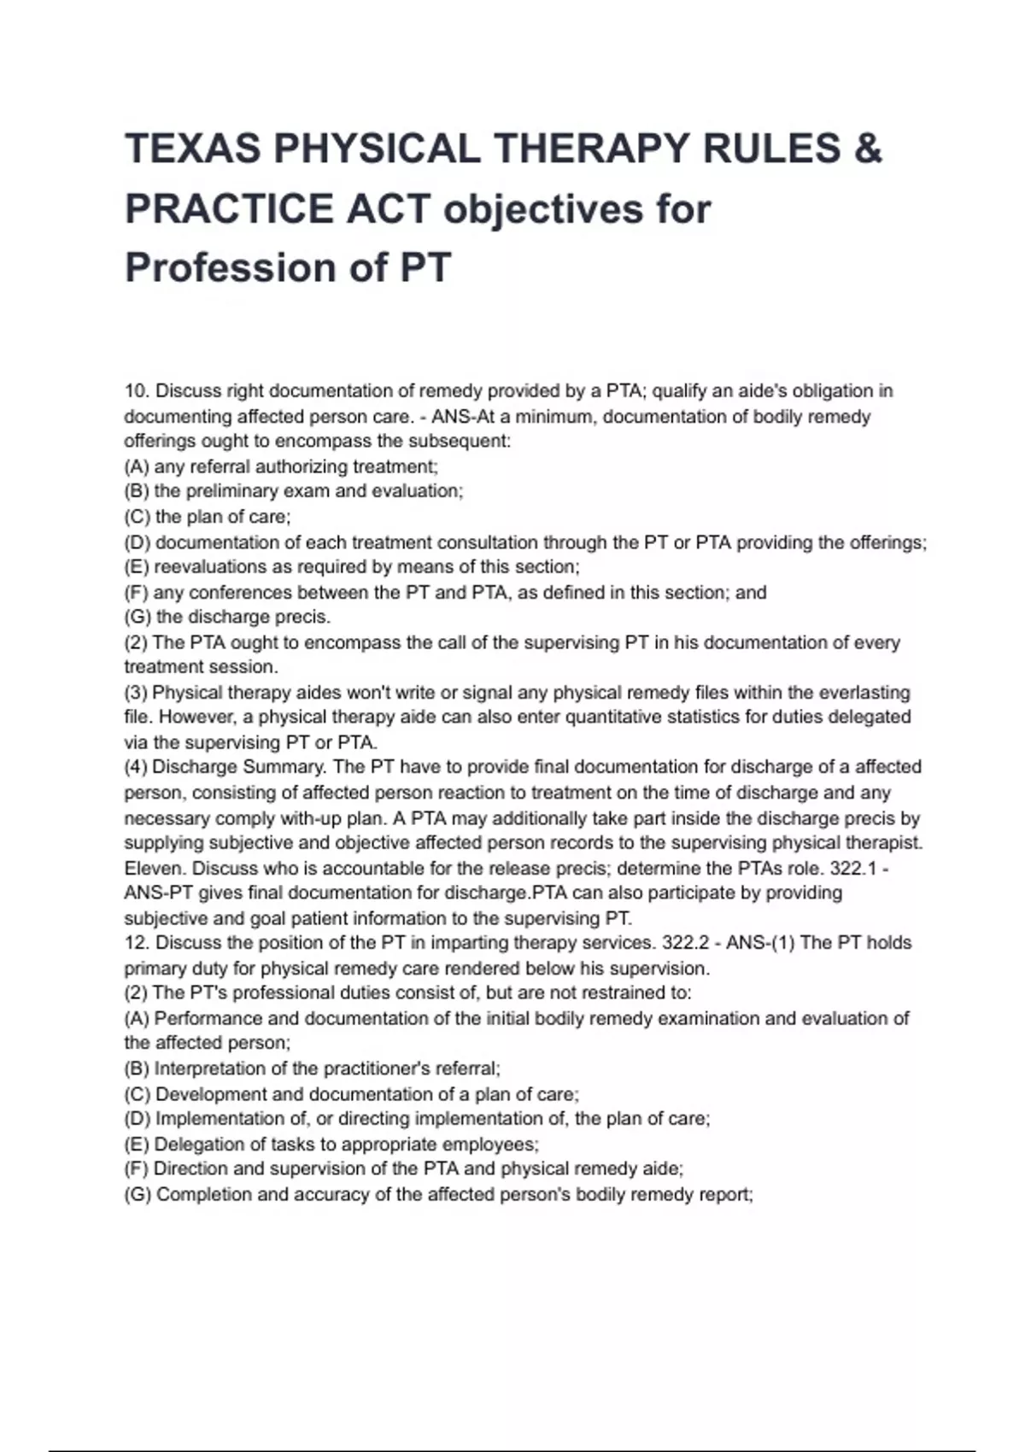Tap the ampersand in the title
click(x=867, y=149)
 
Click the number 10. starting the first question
click(x=137, y=391)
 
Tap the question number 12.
click(x=137, y=943)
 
